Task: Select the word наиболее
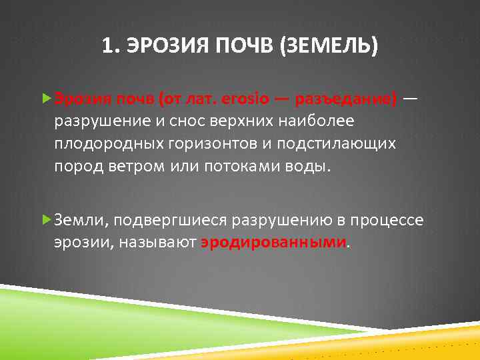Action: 317,121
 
